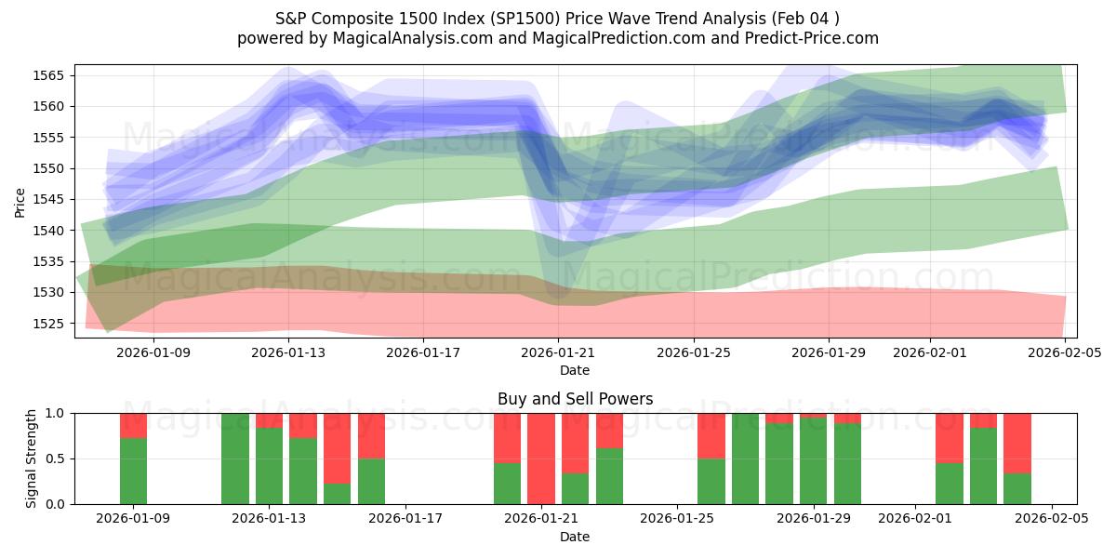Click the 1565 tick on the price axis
coord(50,75)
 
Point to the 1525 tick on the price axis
coord(50,324)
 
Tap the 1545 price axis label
coord(50,199)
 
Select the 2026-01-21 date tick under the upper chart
coord(558,352)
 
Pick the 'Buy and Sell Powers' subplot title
coord(575,399)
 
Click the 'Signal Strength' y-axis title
coord(32,458)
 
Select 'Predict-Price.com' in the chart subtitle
coord(811,38)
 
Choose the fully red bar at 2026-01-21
coord(540,458)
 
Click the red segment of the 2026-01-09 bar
coord(134,425)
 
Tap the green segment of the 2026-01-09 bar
coord(134,472)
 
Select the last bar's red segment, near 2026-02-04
coord(1016,443)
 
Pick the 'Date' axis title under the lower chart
coord(575,537)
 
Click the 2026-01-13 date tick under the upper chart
coord(286,352)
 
